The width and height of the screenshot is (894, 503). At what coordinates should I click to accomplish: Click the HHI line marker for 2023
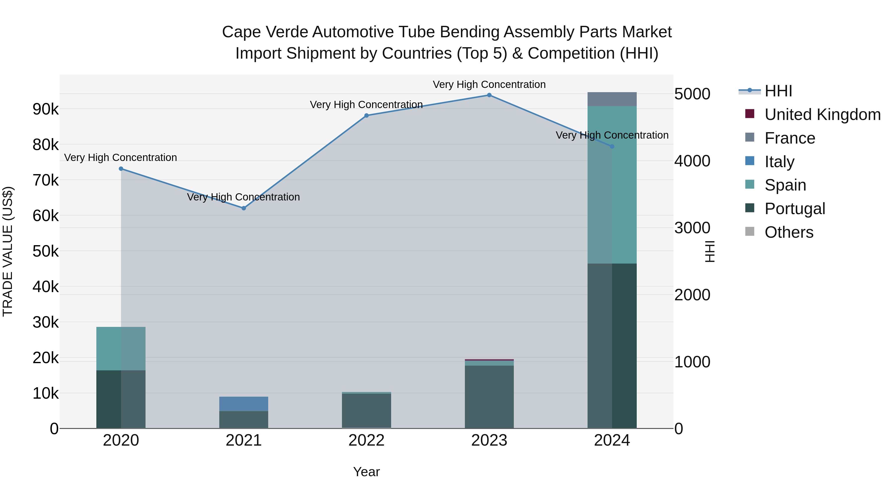click(x=489, y=95)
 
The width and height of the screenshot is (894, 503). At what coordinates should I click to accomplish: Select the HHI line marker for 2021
click(x=244, y=208)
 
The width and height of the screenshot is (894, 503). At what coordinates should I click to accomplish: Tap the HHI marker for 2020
click(x=121, y=169)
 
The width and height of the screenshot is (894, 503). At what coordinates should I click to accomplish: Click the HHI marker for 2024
click(x=612, y=147)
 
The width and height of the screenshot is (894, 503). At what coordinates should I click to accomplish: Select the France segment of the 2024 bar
click(x=612, y=99)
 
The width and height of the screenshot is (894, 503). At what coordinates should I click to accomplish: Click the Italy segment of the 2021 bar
click(x=244, y=404)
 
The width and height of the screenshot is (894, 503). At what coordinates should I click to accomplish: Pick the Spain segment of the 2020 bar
click(x=121, y=348)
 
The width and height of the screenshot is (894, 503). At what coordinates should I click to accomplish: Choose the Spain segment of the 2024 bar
click(x=612, y=185)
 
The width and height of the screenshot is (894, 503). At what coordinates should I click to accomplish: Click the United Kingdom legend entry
click(x=822, y=115)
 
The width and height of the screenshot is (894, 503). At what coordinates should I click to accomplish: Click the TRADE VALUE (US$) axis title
click(x=8, y=251)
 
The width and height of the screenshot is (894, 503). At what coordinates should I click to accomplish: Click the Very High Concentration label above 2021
click(x=243, y=197)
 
